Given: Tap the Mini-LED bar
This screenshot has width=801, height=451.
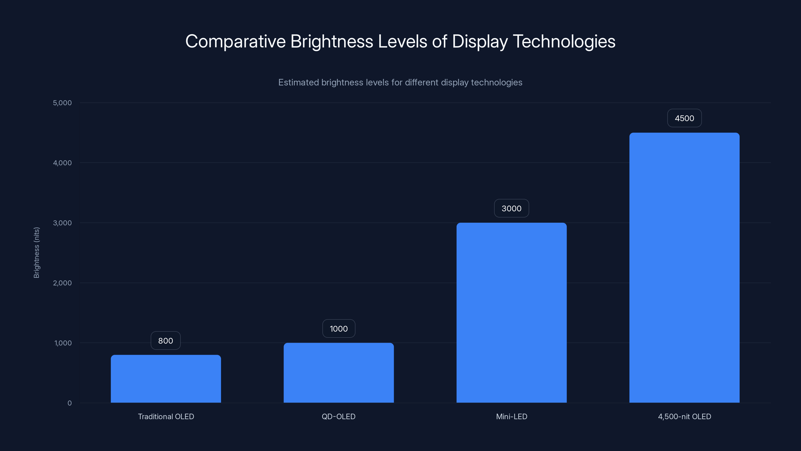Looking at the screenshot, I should point(511,312).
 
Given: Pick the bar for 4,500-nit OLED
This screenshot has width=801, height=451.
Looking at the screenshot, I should point(684,267).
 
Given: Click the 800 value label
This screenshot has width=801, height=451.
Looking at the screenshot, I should point(165,341).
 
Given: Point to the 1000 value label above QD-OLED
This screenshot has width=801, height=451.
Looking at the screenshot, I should point(339,329).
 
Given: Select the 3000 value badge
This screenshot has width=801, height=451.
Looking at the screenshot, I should point(511,208).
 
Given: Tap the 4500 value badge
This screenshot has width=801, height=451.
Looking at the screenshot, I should point(684,118).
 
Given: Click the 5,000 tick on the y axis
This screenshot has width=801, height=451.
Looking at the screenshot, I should point(62,103).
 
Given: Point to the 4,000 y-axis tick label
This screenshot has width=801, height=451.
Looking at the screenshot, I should point(62,163).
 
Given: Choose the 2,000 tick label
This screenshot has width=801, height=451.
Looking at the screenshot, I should point(62,283).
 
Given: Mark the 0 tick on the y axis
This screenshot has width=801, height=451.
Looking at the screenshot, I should point(69,403).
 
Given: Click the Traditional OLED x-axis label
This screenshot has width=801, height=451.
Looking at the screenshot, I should point(166,416).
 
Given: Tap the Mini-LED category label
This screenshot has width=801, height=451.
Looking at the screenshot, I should point(511,416).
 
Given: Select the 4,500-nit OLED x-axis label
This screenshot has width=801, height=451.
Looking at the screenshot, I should point(684,416).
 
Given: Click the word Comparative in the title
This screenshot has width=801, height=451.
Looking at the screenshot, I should point(235,41).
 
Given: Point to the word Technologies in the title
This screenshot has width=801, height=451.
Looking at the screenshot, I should point(564,41).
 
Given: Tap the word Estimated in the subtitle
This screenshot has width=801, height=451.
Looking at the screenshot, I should point(298,82).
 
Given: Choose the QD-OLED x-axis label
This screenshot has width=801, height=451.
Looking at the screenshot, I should point(339,416).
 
